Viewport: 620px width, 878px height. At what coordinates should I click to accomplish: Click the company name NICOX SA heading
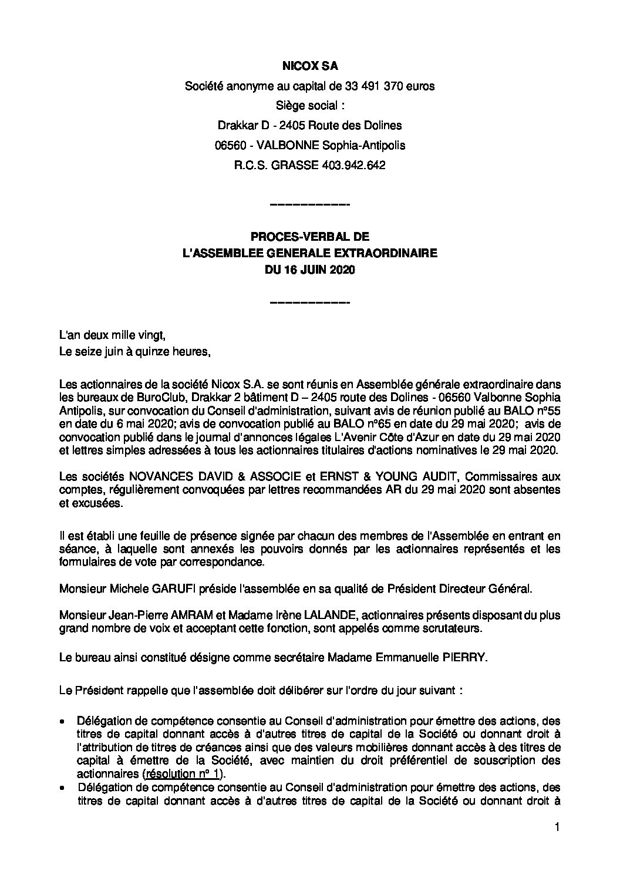309,67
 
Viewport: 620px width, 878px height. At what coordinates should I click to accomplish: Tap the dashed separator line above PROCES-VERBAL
309,204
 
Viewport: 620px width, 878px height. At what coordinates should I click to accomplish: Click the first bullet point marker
63,721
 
